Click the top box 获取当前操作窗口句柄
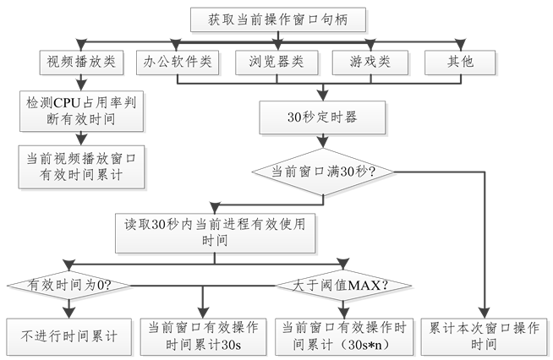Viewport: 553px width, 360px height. [x=276, y=19]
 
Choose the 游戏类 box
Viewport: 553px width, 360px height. [x=370, y=62]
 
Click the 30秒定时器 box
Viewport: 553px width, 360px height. [x=324, y=116]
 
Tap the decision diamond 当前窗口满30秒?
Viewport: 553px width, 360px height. [x=324, y=171]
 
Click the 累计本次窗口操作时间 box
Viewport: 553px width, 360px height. [x=483, y=335]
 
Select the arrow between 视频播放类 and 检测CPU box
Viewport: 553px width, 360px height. [x=79, y=83]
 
